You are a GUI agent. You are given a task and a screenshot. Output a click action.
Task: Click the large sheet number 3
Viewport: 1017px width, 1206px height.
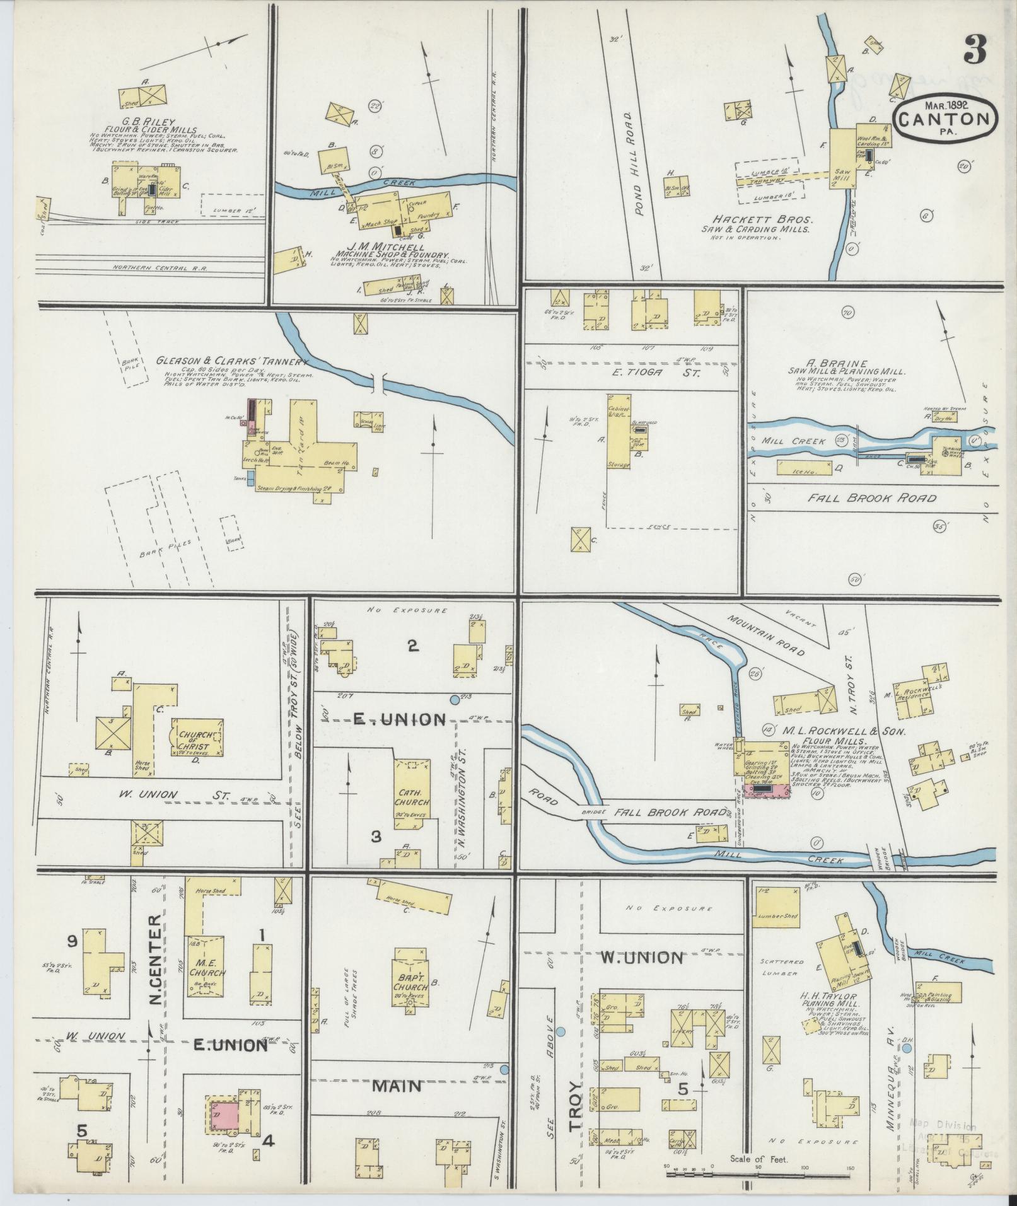click(x=975, y=50)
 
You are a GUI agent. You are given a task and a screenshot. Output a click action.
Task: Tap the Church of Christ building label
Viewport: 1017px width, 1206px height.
click(x=195, y=739)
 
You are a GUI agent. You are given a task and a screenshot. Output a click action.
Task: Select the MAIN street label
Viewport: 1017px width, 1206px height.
click(x=397, y=1086)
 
